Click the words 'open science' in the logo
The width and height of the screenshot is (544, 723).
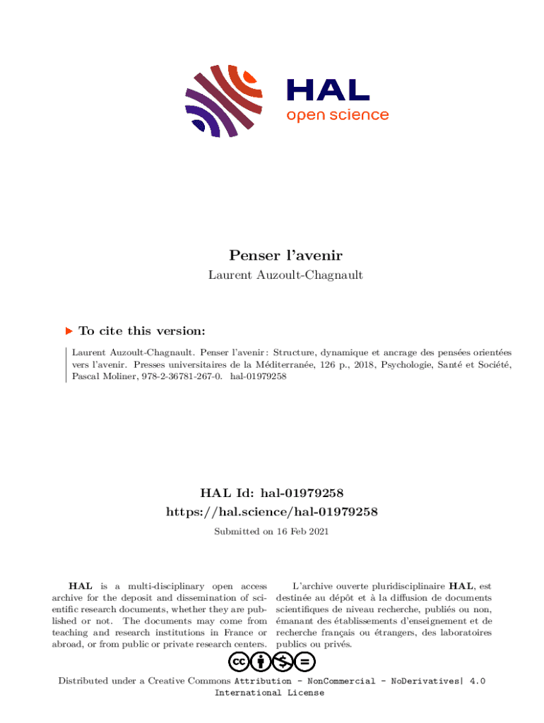point(337,115)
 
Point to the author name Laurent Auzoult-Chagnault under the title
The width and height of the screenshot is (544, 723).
point(285,275)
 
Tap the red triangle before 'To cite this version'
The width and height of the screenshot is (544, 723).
point(69,330)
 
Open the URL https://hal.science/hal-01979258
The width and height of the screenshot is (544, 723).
point(272,511)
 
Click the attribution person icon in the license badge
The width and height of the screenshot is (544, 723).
point(261,662)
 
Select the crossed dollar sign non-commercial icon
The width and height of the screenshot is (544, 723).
point(283,662)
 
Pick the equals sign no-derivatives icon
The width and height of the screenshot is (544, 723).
point(305,662)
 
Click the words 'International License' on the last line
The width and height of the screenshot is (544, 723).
point(269,693)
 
